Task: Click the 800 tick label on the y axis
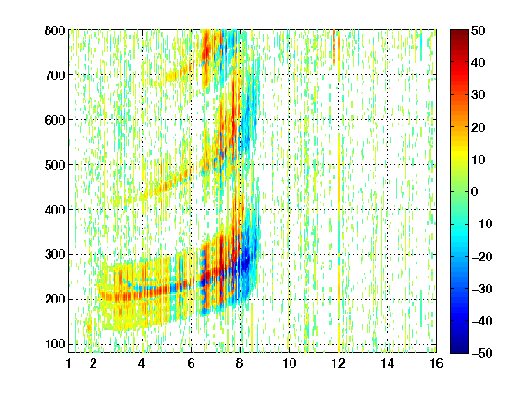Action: tap(55, 30)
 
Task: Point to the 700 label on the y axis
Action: tap(55, 75)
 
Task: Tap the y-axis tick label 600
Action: tap(55, 120)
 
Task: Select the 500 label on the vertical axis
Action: tap(55, 165)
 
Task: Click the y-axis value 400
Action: tap(55, 210)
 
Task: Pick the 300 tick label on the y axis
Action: tap(55, 255)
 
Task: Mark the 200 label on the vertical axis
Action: tap(55, 300)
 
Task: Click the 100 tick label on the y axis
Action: tap(55, 344)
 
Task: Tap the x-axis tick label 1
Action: tap(69, 363)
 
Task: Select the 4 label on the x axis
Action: tap(142, 363)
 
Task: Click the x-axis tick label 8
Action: tap(240, 363)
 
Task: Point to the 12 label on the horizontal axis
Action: tap(338, 363)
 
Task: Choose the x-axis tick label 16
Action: tap(436, 363)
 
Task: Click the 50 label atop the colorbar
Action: tap(478, 30)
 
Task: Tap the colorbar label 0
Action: tap(475, 192)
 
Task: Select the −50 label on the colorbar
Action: tap(482, 353)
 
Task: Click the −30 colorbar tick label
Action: tap(482, 289)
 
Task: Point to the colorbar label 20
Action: tap(478, 127)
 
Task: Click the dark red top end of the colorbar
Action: tap(459, 32)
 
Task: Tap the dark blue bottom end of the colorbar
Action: tap(459, 351)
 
